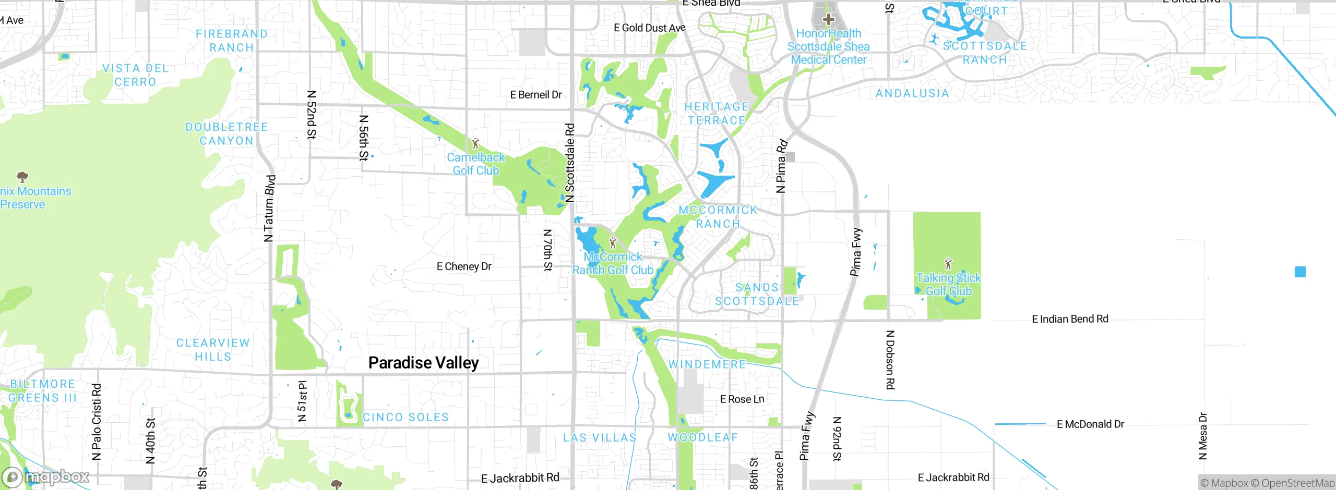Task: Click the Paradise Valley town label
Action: (423, 363)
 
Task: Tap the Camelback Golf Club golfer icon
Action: (475, 143)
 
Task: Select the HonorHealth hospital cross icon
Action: (828, 20)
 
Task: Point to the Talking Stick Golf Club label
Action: (948, 285)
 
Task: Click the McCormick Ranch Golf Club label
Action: (613, 263)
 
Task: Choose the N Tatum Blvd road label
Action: (269, 209)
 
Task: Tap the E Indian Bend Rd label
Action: (1070, 319)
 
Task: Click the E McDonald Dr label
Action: (1090, 424)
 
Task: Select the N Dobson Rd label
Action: (890, 360)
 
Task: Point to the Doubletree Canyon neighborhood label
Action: (226, 134)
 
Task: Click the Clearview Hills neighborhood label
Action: (213, 350)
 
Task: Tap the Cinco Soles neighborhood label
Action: (405, 417)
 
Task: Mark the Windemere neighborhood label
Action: (707, 364)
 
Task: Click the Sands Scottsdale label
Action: (757, 295)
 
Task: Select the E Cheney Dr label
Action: (464, 266)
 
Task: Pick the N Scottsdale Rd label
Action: (570, 163)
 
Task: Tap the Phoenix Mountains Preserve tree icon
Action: (22, 177)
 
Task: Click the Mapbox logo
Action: (46, 477)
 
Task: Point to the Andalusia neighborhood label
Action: (912, 94)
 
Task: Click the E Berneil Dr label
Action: (536, 95)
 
